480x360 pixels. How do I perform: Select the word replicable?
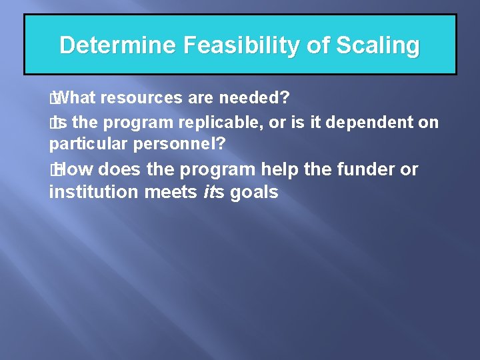pyautogui.click(x=211, y=123)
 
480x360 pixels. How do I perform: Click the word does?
pyautogui.click(x=123, y=170)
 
